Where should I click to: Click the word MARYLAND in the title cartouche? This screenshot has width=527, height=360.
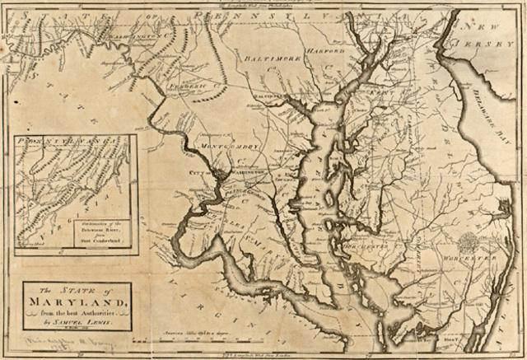73,302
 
